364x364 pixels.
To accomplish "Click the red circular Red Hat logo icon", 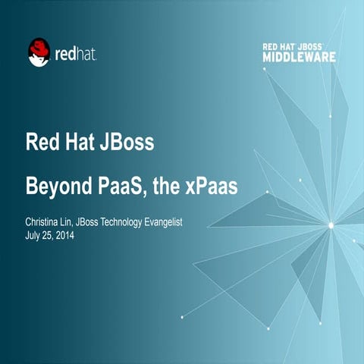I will pyautogui.click(x=39, y=52).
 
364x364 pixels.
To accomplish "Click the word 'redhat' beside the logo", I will pyautogui.click(x=75, y=55).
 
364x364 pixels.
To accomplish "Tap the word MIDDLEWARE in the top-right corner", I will pyautogui.click(x=298, y=57).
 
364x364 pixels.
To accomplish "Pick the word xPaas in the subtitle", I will pyautogui.click(x=211, y=185).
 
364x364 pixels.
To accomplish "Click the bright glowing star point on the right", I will pyautogui.click(x=331, y=225).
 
